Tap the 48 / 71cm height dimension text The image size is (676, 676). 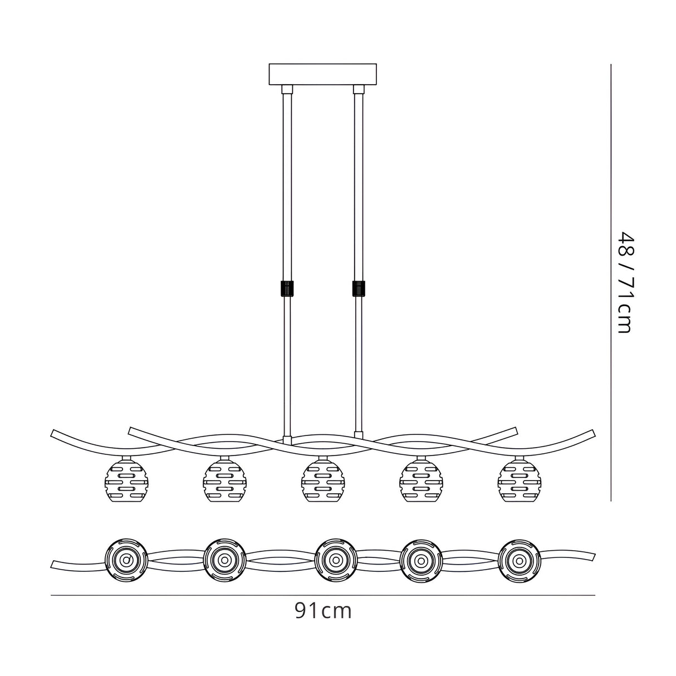coord(624,282)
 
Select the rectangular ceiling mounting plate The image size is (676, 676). coord(323,75)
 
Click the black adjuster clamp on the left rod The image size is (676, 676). coord(287,288)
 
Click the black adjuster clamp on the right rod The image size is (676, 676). coord(359,288)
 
